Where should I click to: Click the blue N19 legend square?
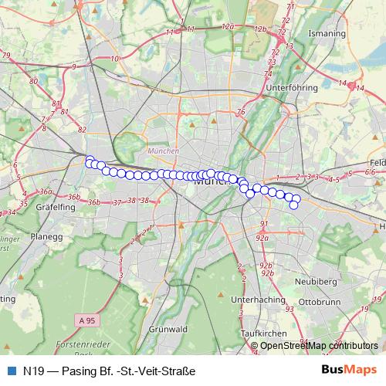pos(10,371)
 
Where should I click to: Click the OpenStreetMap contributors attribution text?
pos(319,346)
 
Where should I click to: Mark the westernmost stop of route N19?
pos(89,160)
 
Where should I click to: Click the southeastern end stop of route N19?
pos(293,205)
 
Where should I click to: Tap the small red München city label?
pos(163,151)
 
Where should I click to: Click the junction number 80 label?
pos(33,80)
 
